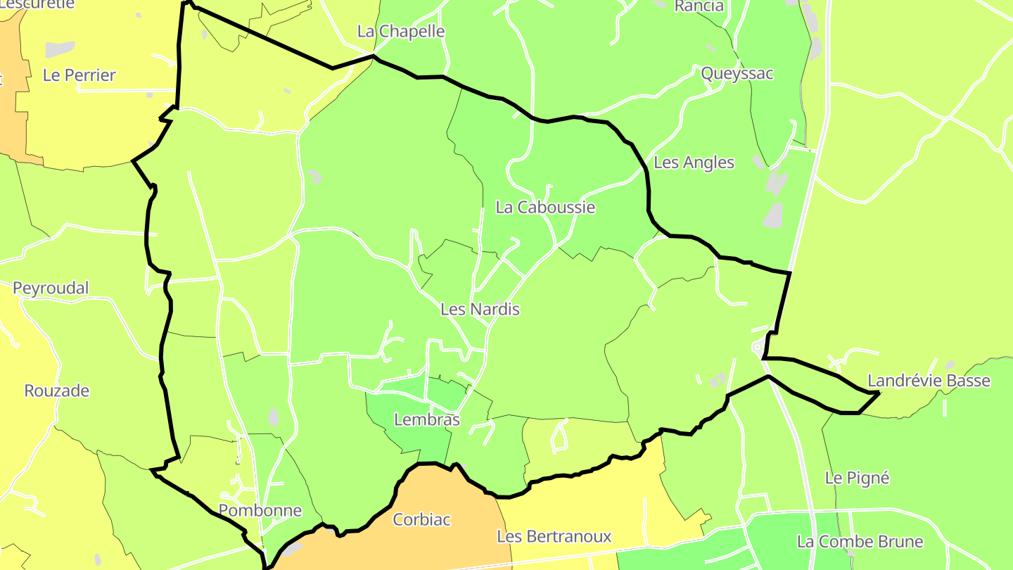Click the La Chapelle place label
click(x=401, y=32)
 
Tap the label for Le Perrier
click(x=79, y=75)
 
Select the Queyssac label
click(x=737, y=74)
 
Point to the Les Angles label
click(x=694, y=163)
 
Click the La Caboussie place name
click(x=545, y=208)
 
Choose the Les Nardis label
click(x=480, y=309)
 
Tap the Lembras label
click(x=427, y=420)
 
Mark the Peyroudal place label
click(x=51, y=289)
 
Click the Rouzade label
click(x=57, y=391)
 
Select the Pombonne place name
click(x=260, y=511)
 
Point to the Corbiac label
click(x=421, y=520)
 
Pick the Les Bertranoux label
click(x=554, y=537)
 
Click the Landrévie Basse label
click(x=929, y=381)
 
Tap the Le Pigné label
click(x=857, y=479)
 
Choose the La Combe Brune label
click(x=860, y=542)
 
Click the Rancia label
click(x=699, y=6)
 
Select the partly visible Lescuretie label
click(x=39, y=4)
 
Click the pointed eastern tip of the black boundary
click(x=879, y=393)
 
